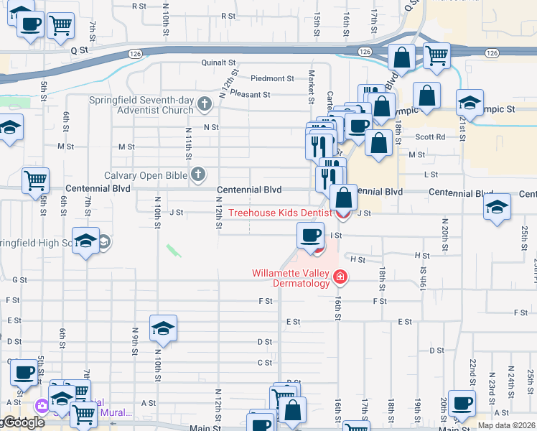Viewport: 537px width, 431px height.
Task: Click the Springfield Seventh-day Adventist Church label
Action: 141,106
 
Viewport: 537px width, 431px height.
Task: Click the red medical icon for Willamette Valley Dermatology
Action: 339,277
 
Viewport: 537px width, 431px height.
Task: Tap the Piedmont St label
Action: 272,78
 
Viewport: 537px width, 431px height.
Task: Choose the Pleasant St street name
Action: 251,94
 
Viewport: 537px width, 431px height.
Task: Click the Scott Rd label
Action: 430,136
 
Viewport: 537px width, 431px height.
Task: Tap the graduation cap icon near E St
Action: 163,328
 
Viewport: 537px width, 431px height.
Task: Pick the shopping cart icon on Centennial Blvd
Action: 35,180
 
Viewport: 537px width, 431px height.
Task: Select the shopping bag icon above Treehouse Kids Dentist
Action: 344,196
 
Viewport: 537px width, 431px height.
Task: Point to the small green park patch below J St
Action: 173,251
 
